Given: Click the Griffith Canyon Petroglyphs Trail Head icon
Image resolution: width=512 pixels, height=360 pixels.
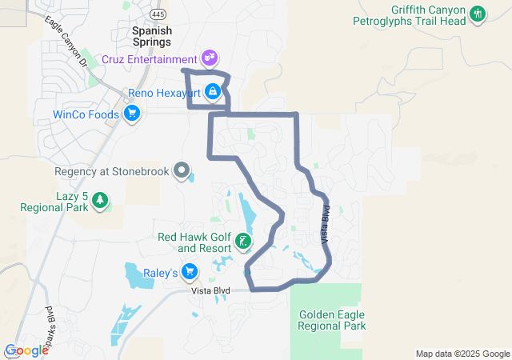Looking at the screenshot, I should (x=478, y=14).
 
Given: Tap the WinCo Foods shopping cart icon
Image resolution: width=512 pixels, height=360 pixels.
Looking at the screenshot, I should (x=132, y=114).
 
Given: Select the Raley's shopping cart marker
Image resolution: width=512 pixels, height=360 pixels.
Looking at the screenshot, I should (x=190, y=273).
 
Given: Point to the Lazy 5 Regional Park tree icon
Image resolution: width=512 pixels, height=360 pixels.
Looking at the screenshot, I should (x=100, y=200).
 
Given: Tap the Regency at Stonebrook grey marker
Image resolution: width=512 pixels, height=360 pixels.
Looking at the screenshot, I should (x=182, y=170).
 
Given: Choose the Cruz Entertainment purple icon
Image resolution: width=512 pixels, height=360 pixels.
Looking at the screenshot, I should (x=209, y=58).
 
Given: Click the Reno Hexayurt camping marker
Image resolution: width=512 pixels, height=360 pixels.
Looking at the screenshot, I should (x=212, y=93).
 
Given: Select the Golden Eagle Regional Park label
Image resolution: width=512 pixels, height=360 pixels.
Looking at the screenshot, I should (x=331, y=320).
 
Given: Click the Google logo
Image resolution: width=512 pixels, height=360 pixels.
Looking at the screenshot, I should (x=27, y=350).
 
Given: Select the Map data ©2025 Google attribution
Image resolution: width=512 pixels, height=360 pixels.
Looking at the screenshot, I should (x=462, y=354).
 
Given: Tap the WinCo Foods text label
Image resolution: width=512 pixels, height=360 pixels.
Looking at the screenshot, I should (x=85, y=114).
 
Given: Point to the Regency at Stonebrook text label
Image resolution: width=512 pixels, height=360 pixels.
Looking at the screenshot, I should (x=114, y=170).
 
